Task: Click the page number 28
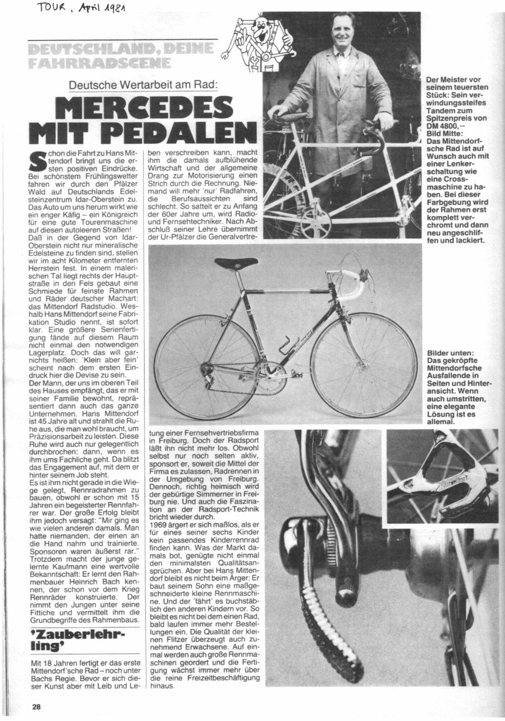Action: [36, 707]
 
